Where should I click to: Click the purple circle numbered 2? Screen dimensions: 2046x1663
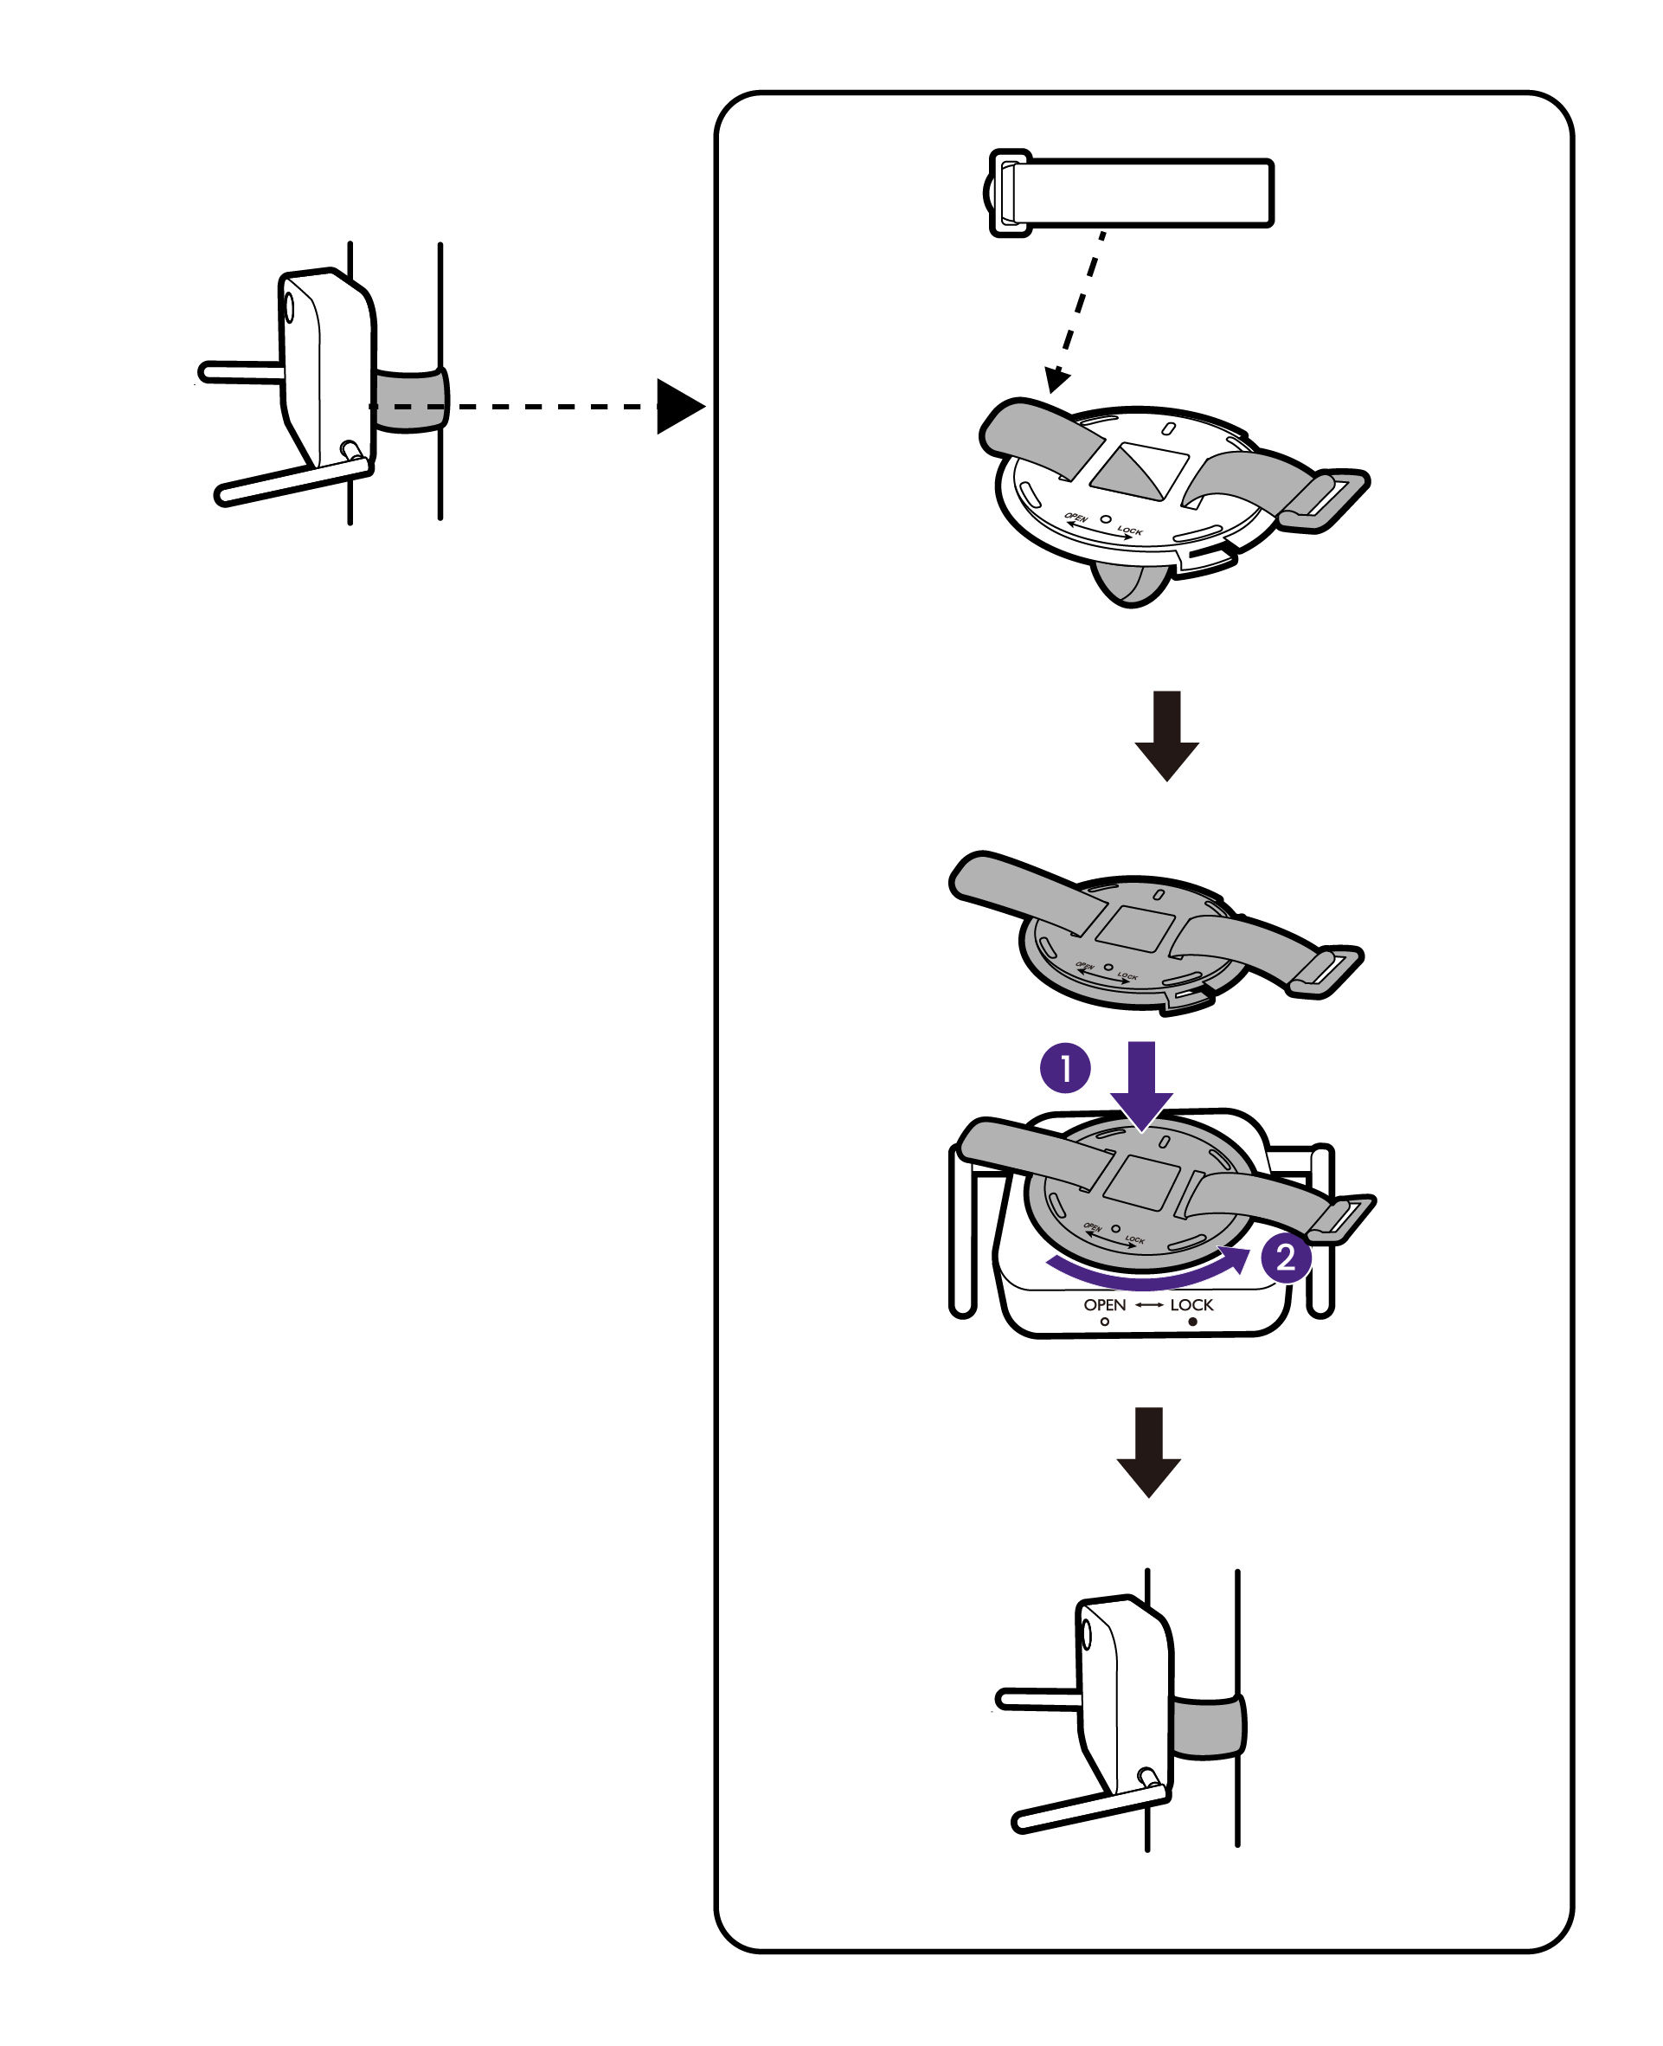point(1285,1258)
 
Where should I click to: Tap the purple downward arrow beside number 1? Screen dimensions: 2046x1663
point(1141,1084)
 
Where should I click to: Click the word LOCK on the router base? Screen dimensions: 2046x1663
point(1191,1304)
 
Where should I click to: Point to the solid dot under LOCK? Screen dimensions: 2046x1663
point(1191,1322)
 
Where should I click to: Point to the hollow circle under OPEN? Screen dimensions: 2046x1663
point(1105,1322)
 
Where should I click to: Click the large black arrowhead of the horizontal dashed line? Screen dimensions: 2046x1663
point(677,406)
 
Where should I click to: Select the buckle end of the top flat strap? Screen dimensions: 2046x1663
point(1005,193)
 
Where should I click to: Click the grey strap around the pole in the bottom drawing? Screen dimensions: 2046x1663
point(1207,1727)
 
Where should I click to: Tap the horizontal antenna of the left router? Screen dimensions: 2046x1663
point(240,372)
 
